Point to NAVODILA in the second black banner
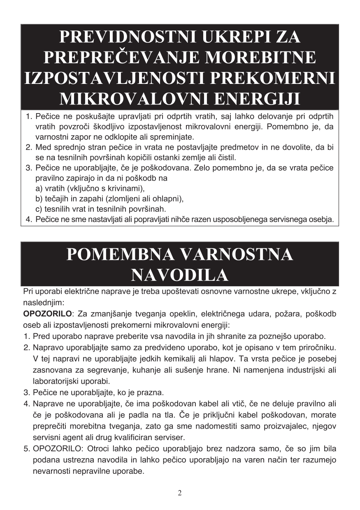pos(180,275)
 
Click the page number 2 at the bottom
pos(180,493)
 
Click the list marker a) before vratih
pos(39,189)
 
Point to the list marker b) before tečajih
pos(39,199)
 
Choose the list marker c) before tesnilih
pos(39,209)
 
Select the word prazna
pos(152,391)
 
